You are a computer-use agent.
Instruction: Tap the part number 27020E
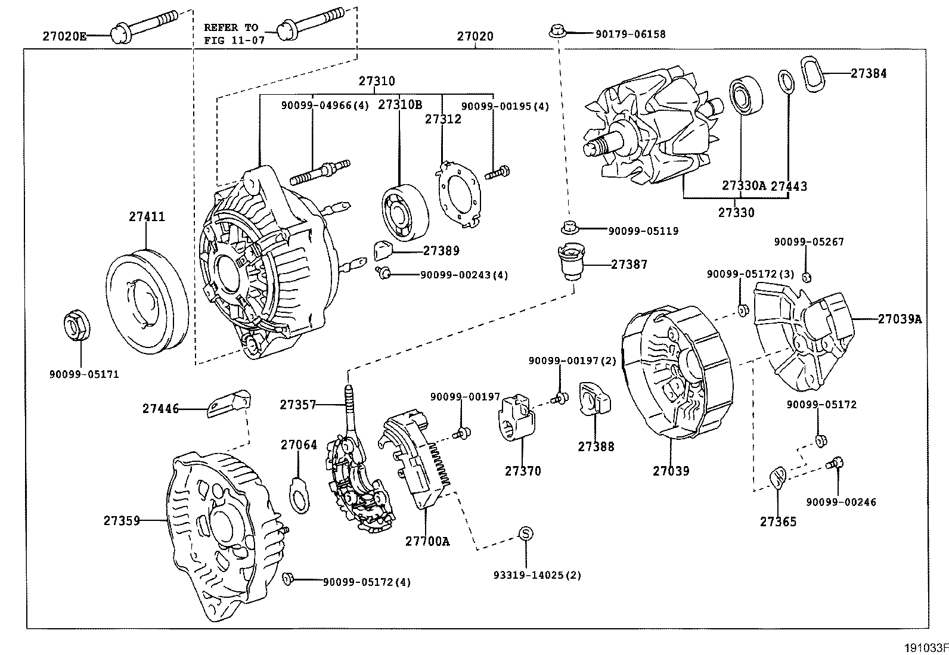(64, 36)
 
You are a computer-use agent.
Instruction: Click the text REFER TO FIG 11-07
(231, 34)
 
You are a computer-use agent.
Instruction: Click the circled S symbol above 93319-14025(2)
(525, 533)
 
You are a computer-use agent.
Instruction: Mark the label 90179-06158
(630, 35)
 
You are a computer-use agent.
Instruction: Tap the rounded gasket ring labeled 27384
(811, 74)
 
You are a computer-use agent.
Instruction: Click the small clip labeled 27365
(778, 477)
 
